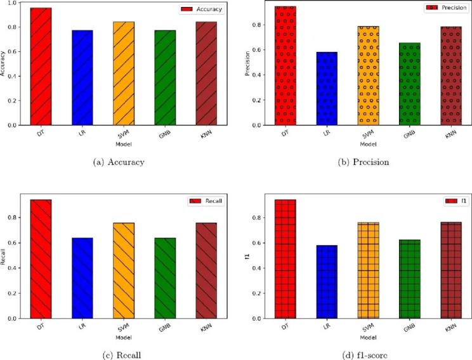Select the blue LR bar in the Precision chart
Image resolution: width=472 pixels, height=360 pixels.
326,89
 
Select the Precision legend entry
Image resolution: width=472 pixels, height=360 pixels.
442,8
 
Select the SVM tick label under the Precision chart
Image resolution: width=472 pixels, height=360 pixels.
365,134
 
